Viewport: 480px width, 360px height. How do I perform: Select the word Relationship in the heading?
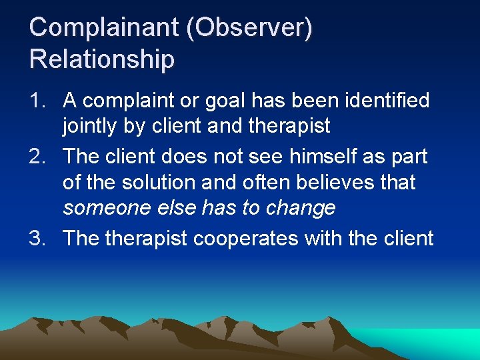101,59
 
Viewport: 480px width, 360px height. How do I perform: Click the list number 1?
38,101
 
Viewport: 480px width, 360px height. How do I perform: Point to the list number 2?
38,157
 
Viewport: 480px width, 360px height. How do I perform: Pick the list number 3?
38,238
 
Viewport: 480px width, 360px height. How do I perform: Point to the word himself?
307,157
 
